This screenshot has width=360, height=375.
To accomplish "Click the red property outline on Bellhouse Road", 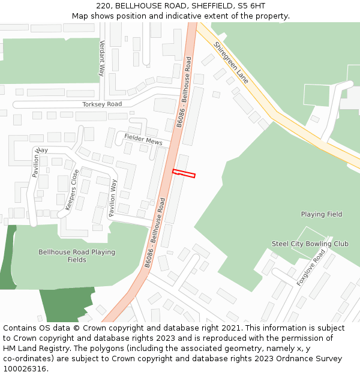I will (184, 173).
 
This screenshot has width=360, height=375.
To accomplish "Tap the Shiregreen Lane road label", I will (230, 62).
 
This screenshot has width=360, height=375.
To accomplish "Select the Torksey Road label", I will (102, 104).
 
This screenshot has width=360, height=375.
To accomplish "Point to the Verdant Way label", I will (102, 58).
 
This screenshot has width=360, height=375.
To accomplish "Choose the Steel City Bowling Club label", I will (310, 244).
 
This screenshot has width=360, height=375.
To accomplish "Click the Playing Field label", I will (322, 214).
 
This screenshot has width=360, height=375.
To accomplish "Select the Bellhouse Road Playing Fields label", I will (77, 256).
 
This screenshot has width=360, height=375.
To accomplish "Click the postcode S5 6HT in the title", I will (252, 5).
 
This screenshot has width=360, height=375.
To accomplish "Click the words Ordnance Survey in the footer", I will (312, 359).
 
